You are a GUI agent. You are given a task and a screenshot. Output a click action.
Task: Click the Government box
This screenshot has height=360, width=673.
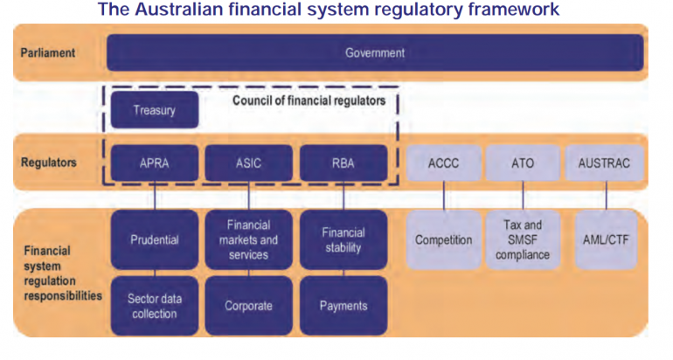(x=375, y=52)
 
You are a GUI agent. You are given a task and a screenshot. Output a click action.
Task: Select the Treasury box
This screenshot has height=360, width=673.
(x=155, y=111)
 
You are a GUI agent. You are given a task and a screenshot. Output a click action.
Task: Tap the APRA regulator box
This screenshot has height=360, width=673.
(x=155, y=163)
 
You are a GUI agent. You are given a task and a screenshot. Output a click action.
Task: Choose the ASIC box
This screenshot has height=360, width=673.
(x=249, y=163)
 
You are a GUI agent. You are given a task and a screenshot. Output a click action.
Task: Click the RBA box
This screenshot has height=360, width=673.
(x=343, y=163)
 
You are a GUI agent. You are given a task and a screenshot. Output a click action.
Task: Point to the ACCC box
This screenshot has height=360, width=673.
(x=443, y=163)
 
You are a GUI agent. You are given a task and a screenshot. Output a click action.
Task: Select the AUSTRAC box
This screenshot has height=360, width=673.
(x=604, y=163)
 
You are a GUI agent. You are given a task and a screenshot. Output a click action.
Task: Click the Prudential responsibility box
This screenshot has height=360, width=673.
(x=155, y=239)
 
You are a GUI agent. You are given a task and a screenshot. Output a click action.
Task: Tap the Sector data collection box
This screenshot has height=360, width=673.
(x=155, y=306)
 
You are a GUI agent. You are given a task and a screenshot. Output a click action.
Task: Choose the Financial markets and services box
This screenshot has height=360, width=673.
(x=249, y=239)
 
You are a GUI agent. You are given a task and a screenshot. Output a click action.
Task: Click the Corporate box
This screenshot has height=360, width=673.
(x=249, y=306)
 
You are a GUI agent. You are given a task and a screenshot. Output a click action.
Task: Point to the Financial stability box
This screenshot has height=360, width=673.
(x=343, y=239)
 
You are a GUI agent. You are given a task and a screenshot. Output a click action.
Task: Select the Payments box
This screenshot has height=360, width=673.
(x=343, y=306)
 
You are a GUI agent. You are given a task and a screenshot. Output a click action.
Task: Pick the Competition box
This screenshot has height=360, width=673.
(x=443, y=239)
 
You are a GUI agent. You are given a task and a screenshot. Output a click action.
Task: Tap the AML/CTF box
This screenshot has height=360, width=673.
(x=604, y=239)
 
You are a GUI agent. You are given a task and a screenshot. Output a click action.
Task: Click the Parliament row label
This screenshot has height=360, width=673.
(x=48, y=52)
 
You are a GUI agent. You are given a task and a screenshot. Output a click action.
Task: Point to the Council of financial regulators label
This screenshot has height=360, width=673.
(x=309, y=101)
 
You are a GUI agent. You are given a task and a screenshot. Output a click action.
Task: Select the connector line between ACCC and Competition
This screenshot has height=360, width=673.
(x=443, y=196)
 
